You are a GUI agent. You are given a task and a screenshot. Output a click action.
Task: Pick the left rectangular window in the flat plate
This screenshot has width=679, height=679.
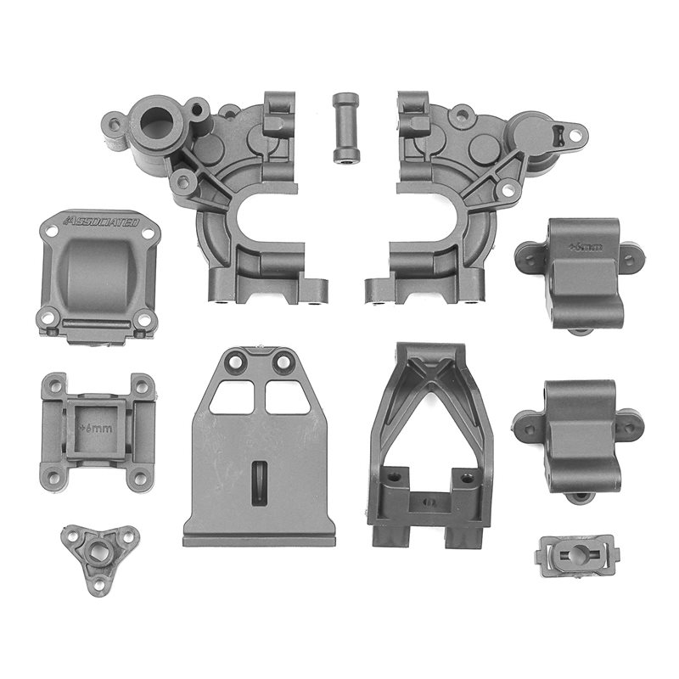pyautogui.click(x=230, y=397)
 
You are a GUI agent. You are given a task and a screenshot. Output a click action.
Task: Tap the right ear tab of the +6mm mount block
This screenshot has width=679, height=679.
pyautogui.click(x=629, y=255)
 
